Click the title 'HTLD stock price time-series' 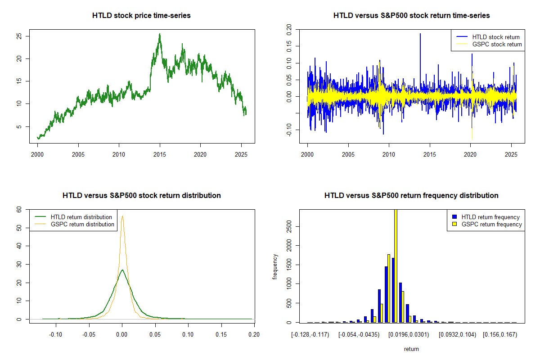pos(141,16)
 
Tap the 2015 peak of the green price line pos(159,34)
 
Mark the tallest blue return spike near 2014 pos(420,34)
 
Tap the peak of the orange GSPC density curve pos(122,216)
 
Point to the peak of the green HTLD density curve pos(122,270)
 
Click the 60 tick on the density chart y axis pos(19,210)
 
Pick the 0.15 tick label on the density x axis pos(221,335)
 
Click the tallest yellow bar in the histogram pos(396,265)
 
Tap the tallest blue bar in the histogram pos(393,290)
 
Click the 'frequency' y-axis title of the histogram pos(275,266)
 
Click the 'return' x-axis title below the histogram pos(411,349)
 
